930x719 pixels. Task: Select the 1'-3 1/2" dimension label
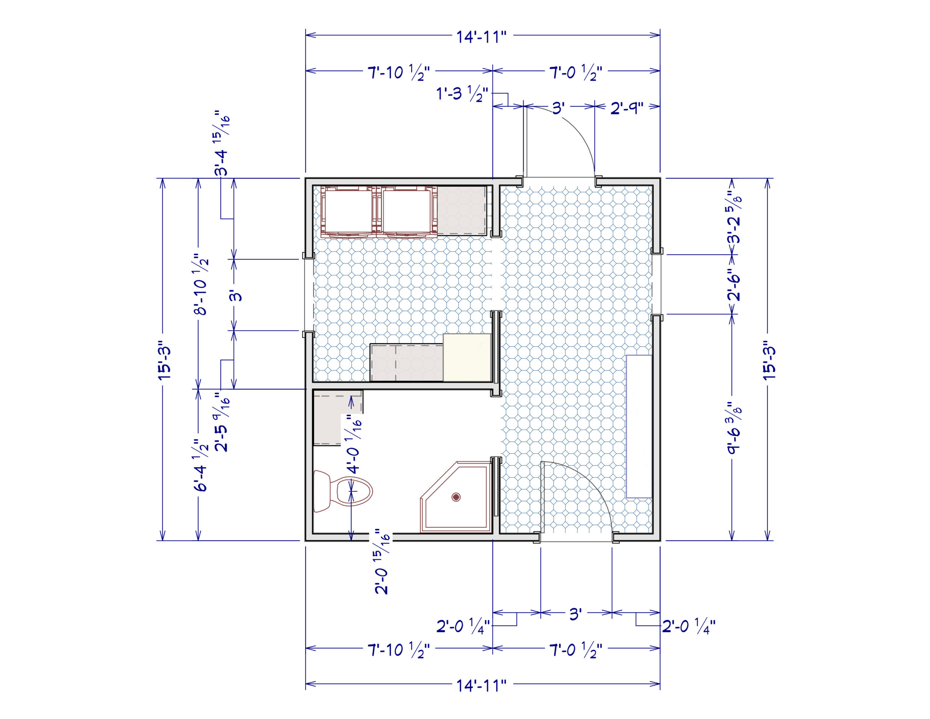tap(462, 94)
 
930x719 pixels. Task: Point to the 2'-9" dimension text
tap(626, 108)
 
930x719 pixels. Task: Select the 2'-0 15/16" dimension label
tap(382, 561)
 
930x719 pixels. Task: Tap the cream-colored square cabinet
tap(467, 357)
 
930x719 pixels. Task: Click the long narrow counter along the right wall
tap(639, 426)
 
